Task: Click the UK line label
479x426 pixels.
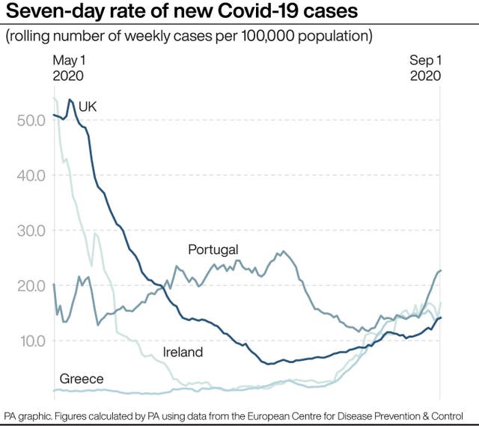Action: tap(88, 108)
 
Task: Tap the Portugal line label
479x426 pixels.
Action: tap(213, 249)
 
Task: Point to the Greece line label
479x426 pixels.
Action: tap(82, 379)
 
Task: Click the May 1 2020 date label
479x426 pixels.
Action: tap(68, 68)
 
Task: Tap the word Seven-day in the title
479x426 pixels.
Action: tap(56, 12)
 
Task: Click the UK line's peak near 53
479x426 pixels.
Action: tap(70, 100)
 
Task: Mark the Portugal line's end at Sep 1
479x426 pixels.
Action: tap(439, 270)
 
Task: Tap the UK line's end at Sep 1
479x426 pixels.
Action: tap(439, 317)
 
